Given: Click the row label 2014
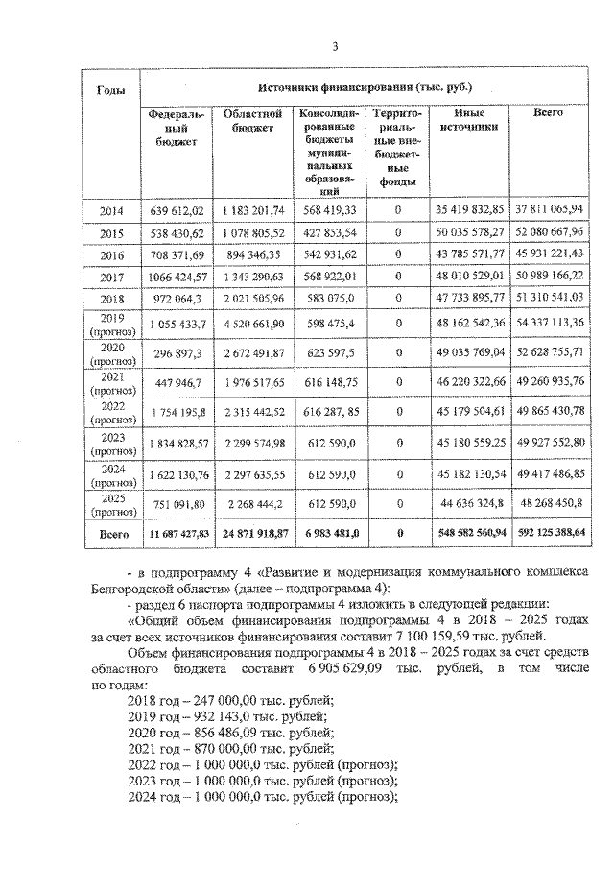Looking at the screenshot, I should [x=109, y=209].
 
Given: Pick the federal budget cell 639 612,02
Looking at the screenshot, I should [x=177, y=209].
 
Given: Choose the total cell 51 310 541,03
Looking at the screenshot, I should [x=549, y=299].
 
